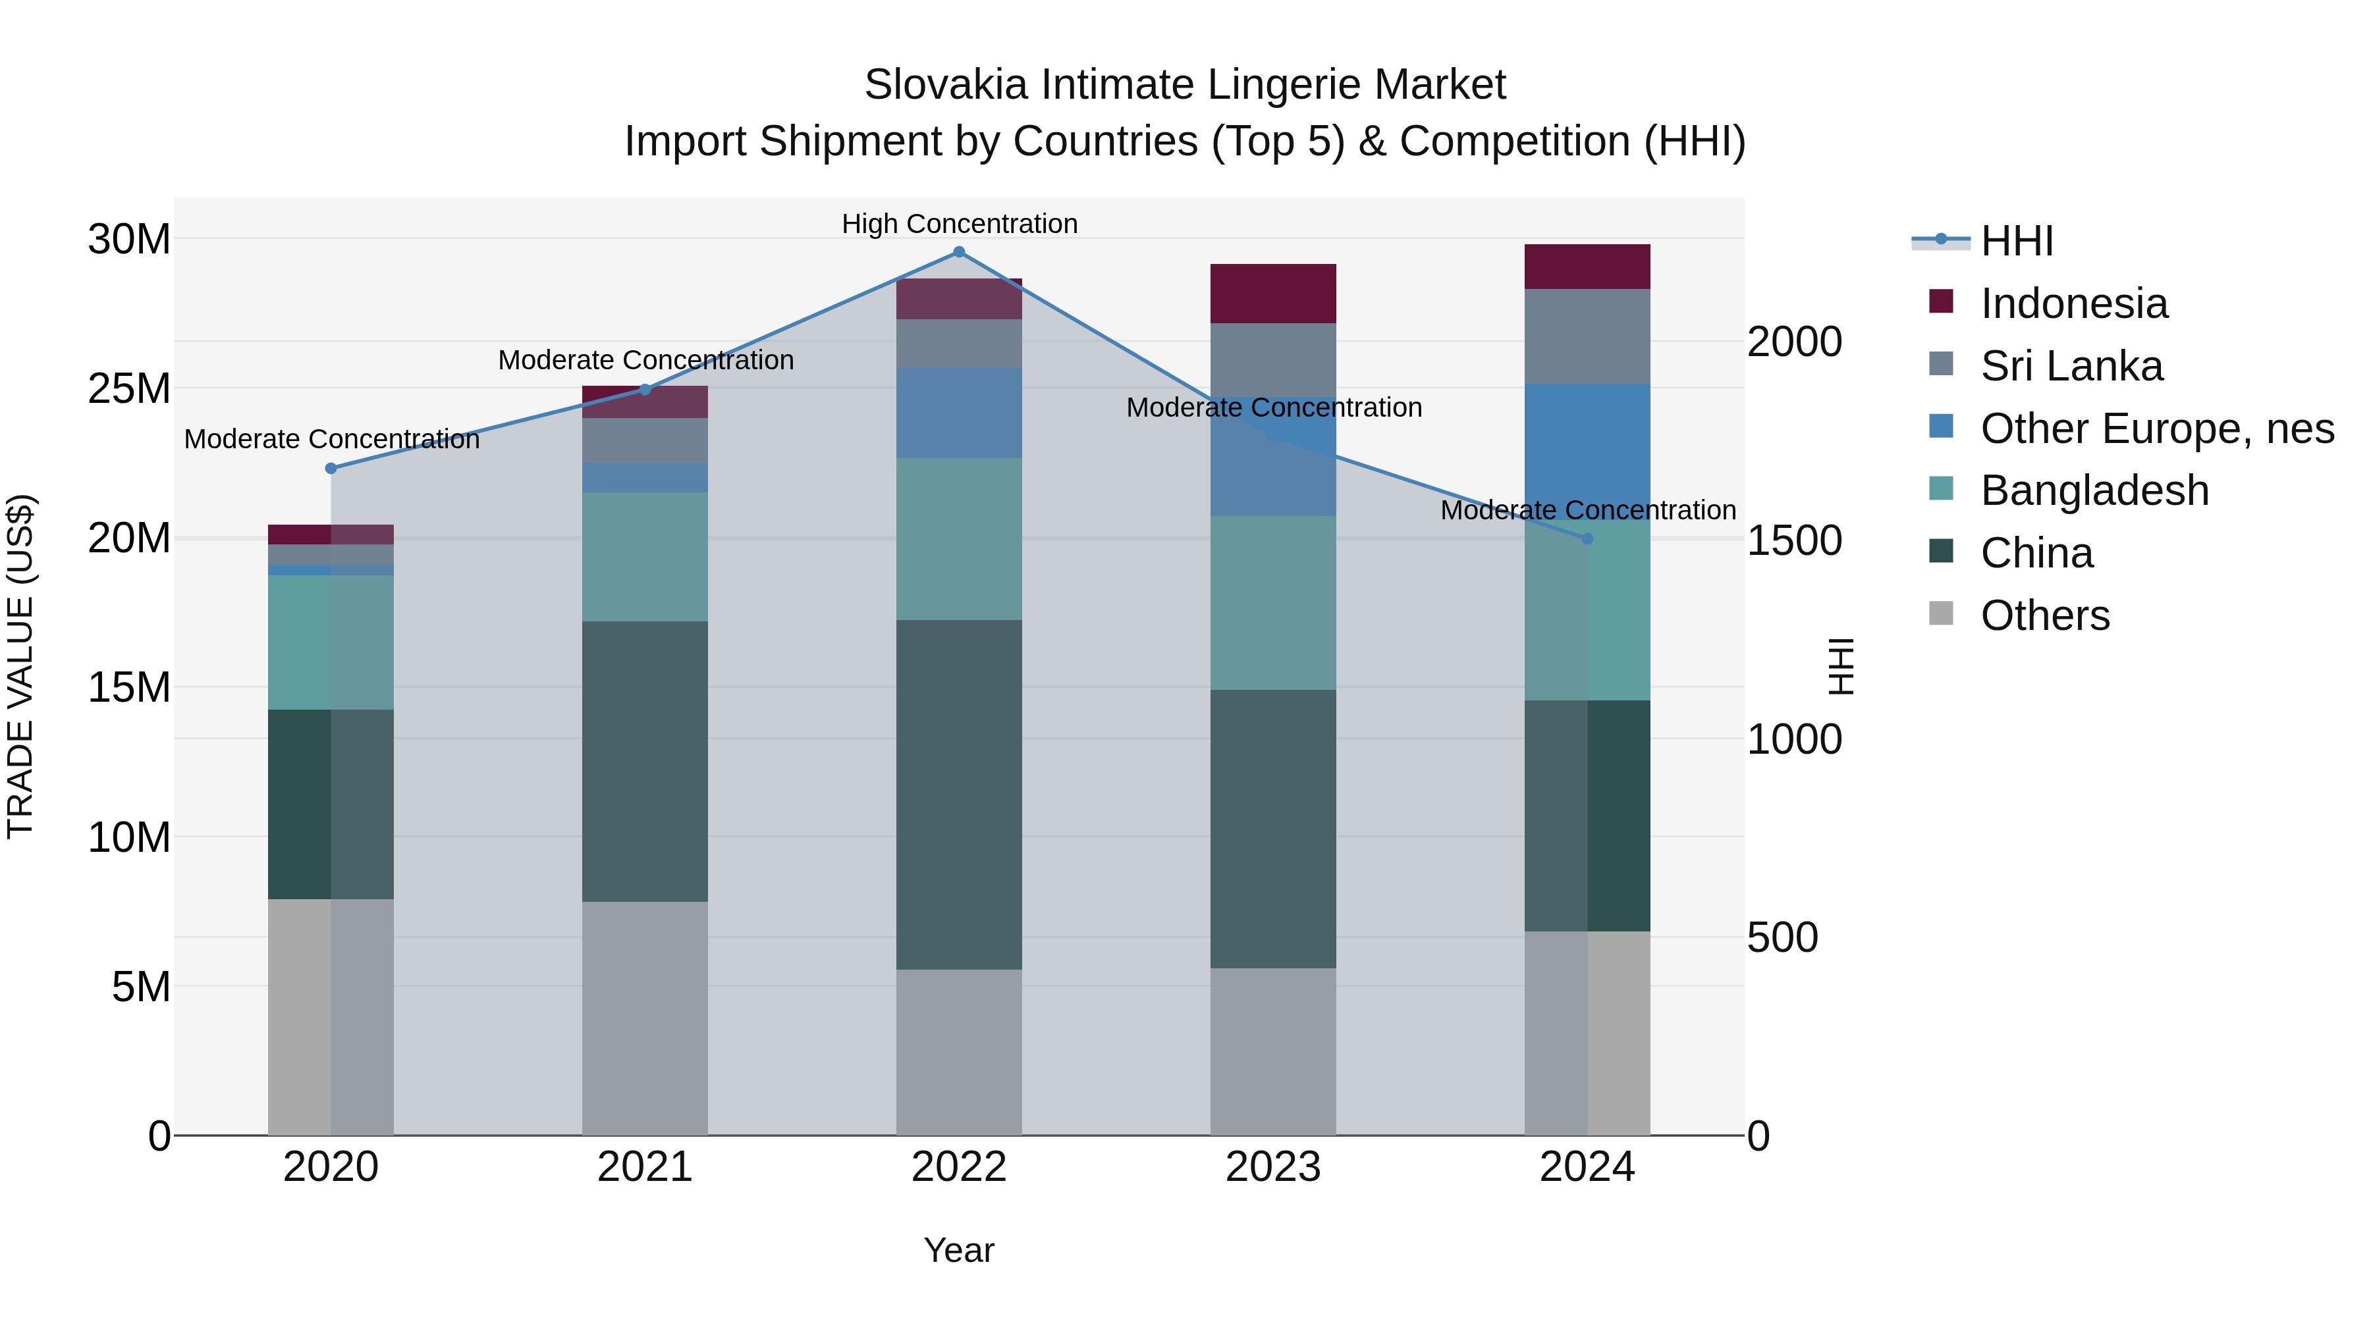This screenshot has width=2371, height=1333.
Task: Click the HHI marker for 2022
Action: click(x=959, y=252)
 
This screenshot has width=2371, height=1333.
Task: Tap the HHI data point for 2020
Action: click(x=331, y=468)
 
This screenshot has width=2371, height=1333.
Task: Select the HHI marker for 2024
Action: click(x=1587, y=539)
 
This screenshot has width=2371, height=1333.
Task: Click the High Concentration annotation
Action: click(x=959, y=224)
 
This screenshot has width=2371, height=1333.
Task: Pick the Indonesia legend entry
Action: click(x=2074, y=303)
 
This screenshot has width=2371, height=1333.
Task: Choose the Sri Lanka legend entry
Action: click(x=2071, y=366)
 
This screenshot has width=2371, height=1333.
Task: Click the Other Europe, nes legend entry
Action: click(x=2156, y=429)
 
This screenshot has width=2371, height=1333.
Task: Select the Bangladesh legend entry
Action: click(x=2094, y=490)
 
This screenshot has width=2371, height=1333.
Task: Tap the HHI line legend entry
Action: click(x=2016, y=241)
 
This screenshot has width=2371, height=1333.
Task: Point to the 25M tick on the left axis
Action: click(x=129, y=389)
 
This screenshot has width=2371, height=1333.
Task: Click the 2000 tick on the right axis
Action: click(x=1794, y=342)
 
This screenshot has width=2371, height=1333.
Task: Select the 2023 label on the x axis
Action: click(x=1273, y=1167)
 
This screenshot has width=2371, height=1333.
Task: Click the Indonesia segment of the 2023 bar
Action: click(x=1273, y=294)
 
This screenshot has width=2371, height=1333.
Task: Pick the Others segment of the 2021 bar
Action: click(x=644, y=1018)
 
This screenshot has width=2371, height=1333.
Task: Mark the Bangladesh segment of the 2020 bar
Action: click(x=331, y=642)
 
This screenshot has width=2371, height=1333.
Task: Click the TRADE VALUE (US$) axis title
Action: click(x=20, y=666)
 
